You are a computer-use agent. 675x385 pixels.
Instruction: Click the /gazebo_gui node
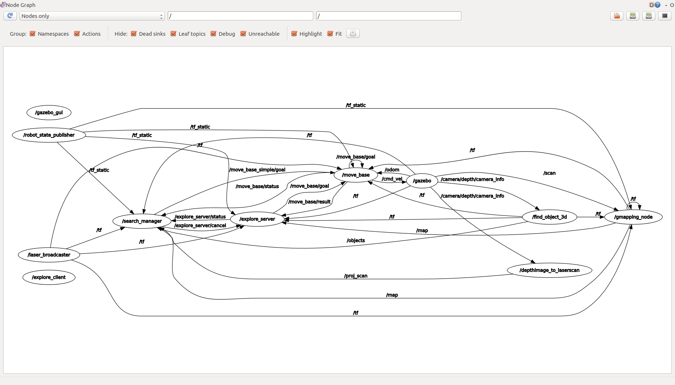pos(49,112)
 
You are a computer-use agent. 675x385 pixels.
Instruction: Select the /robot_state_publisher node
pos(49,135)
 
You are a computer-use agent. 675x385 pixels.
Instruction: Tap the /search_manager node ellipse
pos(142,221)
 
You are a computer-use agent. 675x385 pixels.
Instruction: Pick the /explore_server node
pos(257,219)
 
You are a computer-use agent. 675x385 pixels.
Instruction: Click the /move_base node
pos(356,175)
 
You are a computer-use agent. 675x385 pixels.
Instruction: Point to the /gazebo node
pos(422,181)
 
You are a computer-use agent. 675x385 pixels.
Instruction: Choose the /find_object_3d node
pos(549,217)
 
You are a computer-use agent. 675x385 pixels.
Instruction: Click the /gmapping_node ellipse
pos(633,217)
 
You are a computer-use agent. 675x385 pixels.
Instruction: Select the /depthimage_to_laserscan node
pos(549,270)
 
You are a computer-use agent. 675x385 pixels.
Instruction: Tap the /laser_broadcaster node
pos(49,254)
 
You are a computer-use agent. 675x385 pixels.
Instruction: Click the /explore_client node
pos(49,277)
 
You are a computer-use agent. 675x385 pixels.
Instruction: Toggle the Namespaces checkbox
pos(33,34)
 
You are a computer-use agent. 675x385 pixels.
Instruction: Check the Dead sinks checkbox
pos(134,34)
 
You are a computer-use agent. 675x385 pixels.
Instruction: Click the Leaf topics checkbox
pos(174,34)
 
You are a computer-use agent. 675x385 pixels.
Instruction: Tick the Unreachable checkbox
pos(243,34)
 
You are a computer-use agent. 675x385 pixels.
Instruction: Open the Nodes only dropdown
pos(92,16)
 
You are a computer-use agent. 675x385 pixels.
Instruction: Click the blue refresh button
pos(10,16)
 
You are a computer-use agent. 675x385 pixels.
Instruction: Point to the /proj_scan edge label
pos(356,276)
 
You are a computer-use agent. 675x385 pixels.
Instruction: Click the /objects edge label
pos(356,240)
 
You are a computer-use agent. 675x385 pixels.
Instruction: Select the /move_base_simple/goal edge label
pos(257,170)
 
